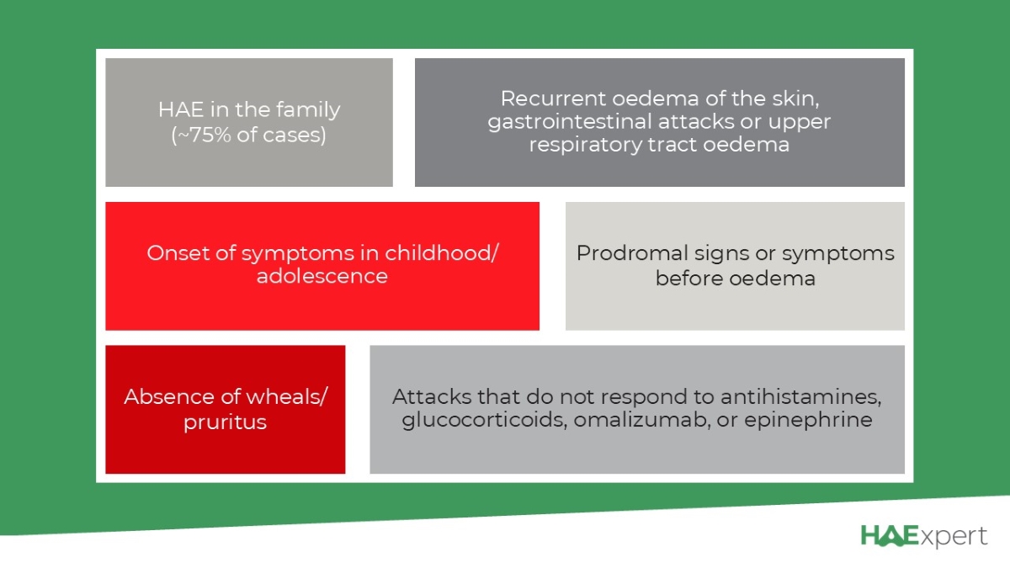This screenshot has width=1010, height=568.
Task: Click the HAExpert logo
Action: [924, 536]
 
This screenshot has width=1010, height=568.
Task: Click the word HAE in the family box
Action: [180, 109]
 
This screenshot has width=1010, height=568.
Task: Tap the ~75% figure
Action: [207, 135]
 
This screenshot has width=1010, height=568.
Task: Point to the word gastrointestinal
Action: [576, 122]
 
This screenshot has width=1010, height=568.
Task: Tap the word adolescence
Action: [322, 276]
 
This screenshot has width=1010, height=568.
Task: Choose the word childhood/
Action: [441, 253]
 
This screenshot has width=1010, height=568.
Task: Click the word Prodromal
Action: [632, 253]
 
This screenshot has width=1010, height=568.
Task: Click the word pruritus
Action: [225, 422]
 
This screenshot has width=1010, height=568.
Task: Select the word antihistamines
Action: [800, 396]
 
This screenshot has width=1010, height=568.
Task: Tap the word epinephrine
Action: [808, 421]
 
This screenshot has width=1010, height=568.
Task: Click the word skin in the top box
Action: [795, 98]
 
